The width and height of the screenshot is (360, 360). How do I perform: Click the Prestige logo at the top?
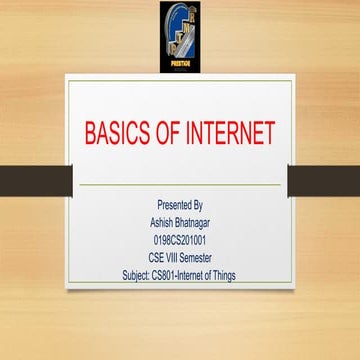pos(179,35)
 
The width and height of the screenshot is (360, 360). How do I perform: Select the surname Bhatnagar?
pos(194,217)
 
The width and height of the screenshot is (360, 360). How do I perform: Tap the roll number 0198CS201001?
pos(180,230)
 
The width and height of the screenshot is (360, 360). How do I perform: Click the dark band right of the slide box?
pos(324,180)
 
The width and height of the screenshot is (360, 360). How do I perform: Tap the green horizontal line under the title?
pos(180,185)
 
